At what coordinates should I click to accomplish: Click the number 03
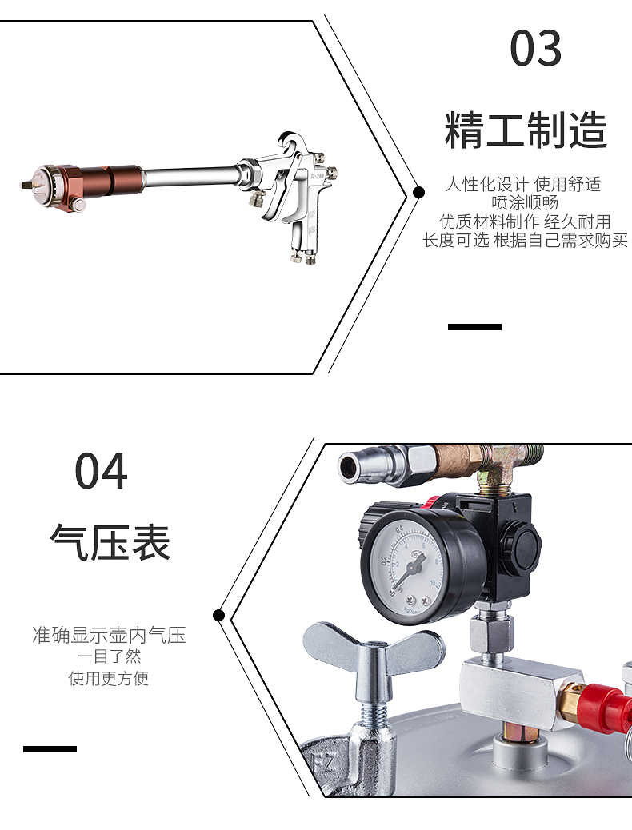tap(535, 48)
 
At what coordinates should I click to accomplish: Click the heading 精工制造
tap(526, 130)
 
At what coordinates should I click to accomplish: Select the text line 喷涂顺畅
tap(525, 203)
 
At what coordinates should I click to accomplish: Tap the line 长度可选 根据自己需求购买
tap(525, 241)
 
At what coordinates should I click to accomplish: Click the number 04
tap(101, 471)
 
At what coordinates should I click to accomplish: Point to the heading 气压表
tap(110, 543)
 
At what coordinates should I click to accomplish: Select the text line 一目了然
tap(109, 656)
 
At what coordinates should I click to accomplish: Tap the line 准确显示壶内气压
tap(109, 635)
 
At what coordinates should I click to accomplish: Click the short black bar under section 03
tap(474, 327)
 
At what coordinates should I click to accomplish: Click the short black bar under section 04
tap(50, 749)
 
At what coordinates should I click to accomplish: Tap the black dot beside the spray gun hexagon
tap(418, 192)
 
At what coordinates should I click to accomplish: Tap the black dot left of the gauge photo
tap(218, 615)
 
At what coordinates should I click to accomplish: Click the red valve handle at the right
tap(603, 703)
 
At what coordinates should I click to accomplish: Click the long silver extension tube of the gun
tap(190, 176)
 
